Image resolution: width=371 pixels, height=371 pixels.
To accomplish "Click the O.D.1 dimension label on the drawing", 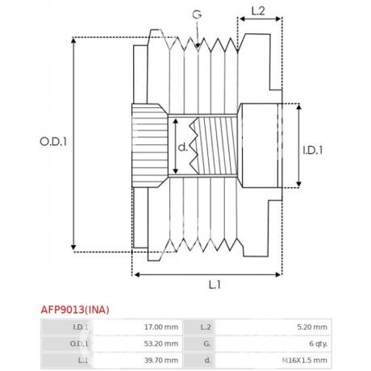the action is pyautogui.click(x=53, y=142).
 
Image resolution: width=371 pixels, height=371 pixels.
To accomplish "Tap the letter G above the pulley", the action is pyautogui.click(x=197, y=15).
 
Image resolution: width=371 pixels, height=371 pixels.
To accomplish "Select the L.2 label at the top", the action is pyautogui.click(x=258, y=10).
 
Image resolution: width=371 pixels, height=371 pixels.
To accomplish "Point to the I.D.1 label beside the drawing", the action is pyautogui.click(x=313, y=150).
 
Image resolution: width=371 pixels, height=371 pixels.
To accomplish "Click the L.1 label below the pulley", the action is pyautogui.click(x=215, y=285).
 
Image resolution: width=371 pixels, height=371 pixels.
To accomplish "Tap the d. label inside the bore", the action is pyautogui.click(x=183, y=147).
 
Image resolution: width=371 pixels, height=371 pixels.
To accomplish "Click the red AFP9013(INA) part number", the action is pyautogui.click(x=75, y=310).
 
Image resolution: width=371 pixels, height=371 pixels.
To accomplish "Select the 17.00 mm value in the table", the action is pyautogui.click(x=161, y=327).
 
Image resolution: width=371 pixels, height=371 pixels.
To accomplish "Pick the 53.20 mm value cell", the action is pyautogui.click(x=161, y=344).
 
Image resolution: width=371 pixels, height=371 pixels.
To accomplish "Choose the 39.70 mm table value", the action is pyautogui.click(x=161, y=361).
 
